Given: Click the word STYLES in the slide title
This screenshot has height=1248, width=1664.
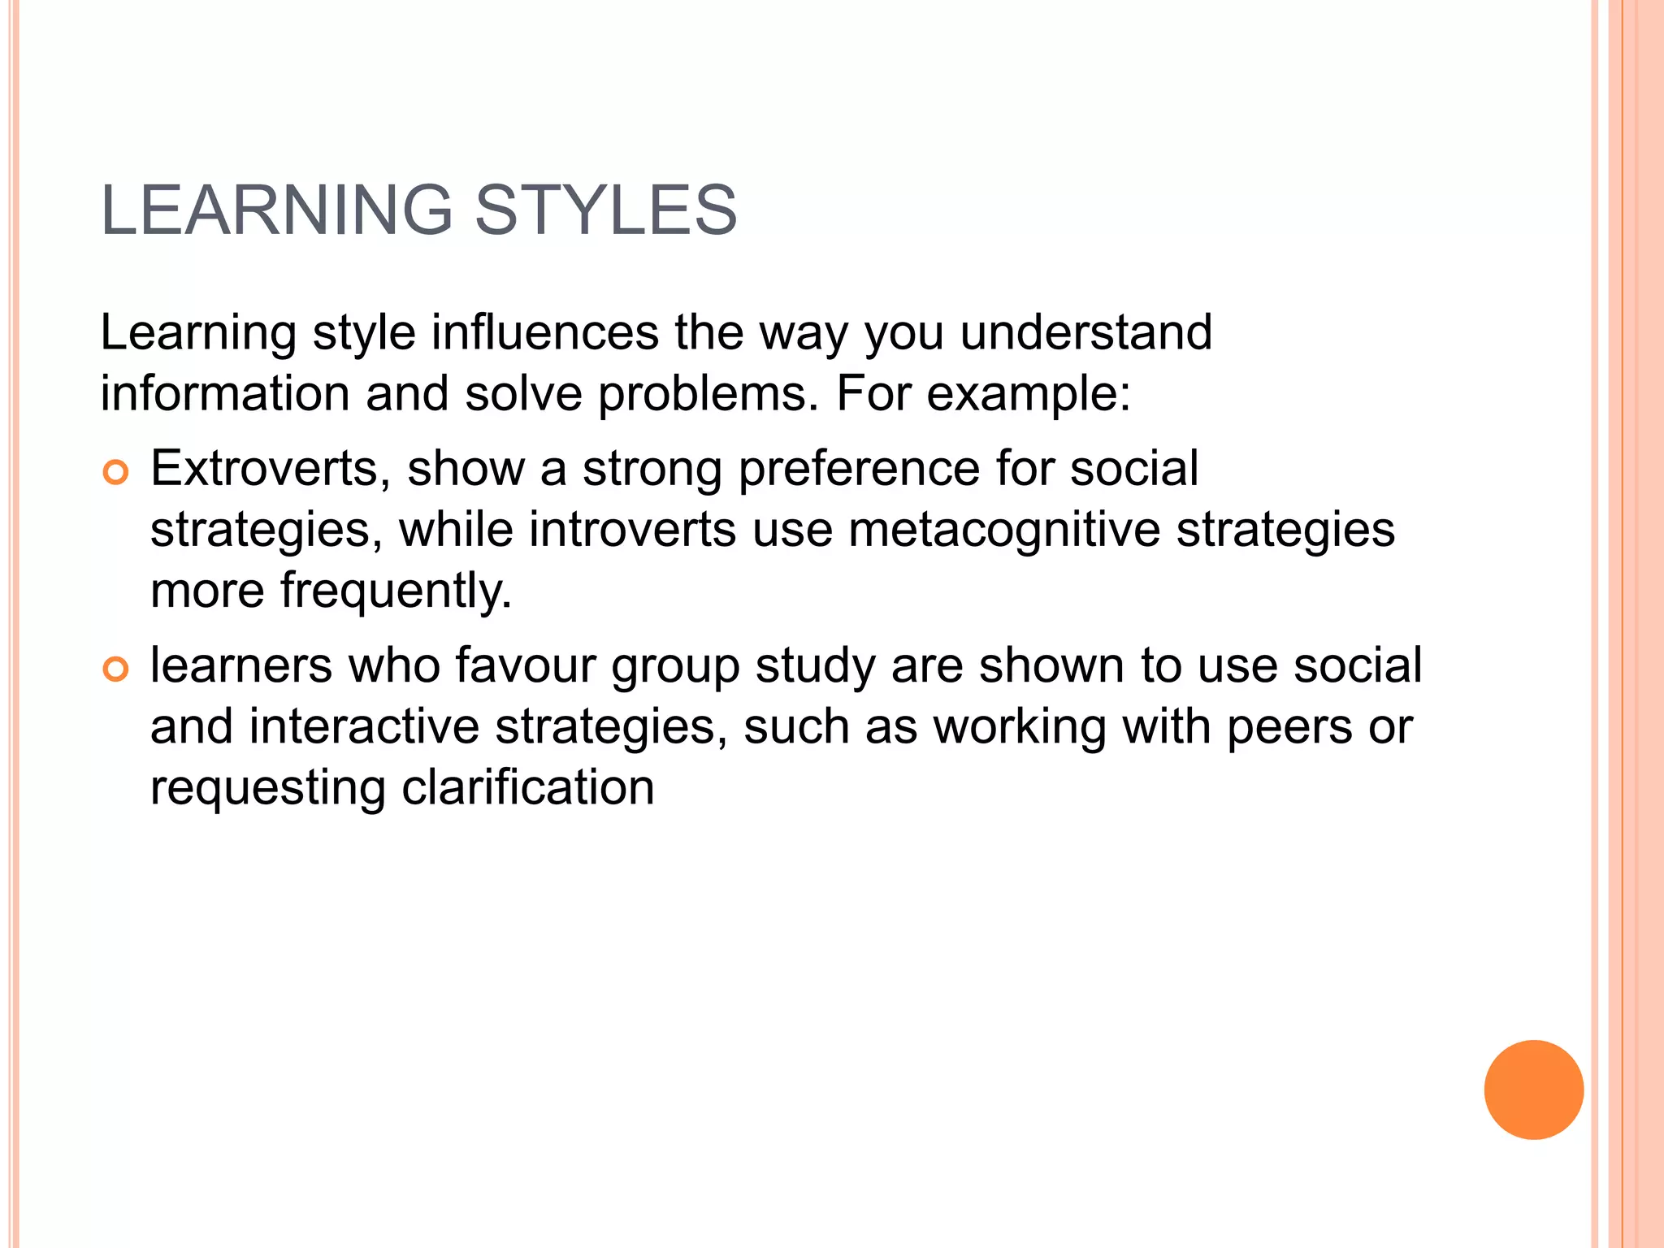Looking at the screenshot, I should point(605,210).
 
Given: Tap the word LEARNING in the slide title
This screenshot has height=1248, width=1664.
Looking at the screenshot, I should point(276,210).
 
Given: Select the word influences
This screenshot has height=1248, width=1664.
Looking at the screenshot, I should point(544,332).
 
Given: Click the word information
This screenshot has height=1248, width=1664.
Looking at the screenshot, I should point(225,393).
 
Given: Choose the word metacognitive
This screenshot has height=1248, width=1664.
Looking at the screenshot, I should point(1004,531).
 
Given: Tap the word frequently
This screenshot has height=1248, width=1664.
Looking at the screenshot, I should point(396,591).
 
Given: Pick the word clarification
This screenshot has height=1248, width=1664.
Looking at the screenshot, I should point(527,787).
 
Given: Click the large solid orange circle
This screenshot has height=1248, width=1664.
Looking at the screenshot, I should point(1533,1090).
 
